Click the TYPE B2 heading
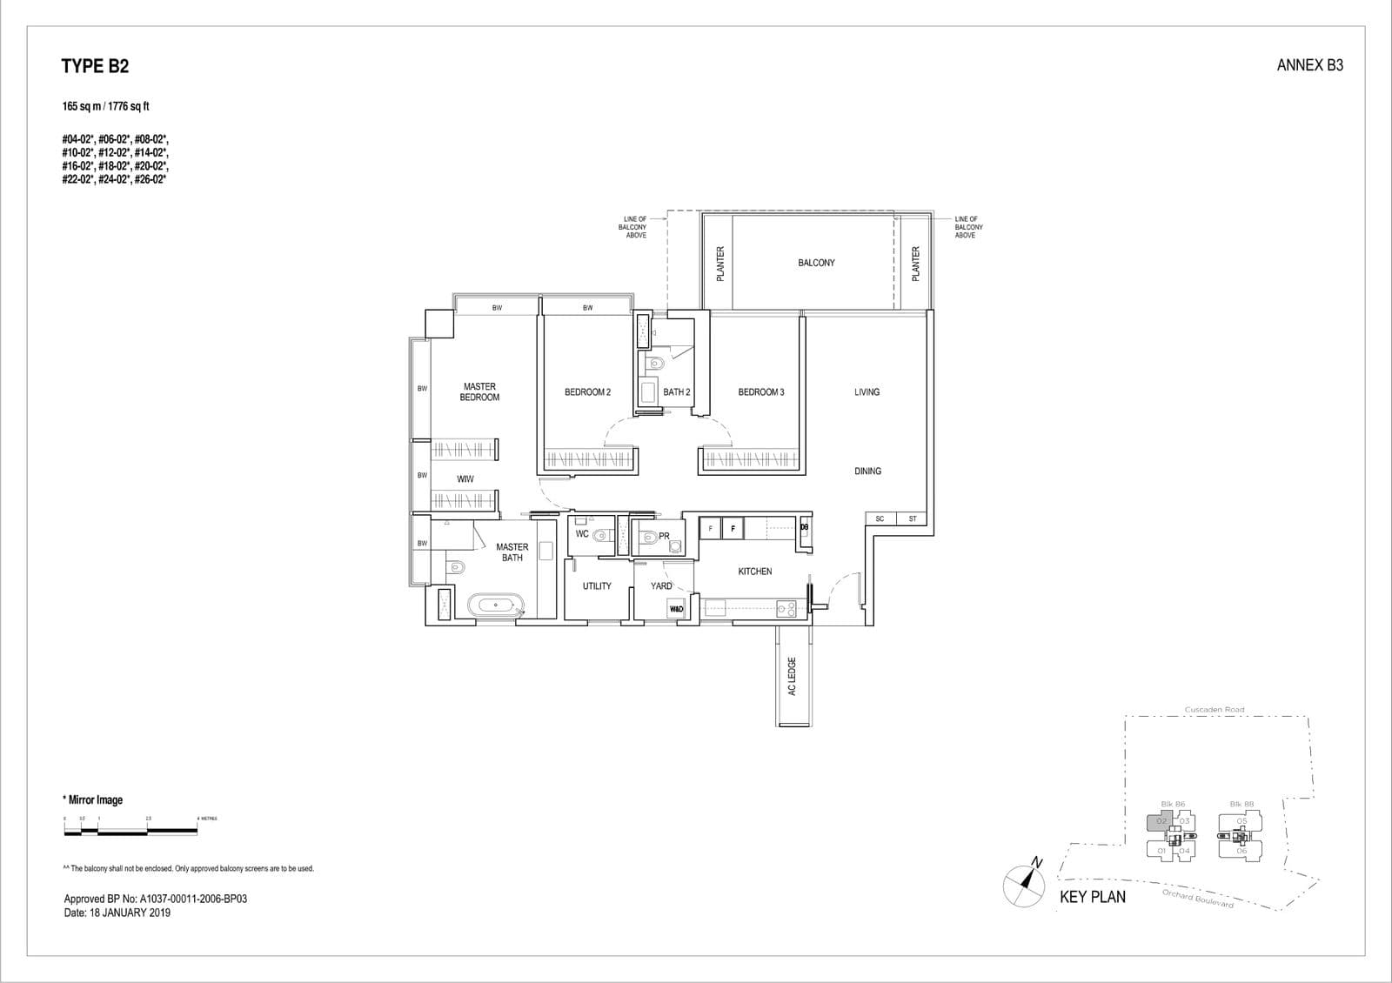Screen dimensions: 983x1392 95,66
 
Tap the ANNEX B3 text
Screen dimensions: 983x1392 1309,65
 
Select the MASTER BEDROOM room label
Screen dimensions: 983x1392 479,391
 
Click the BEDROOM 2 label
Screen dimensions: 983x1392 587,392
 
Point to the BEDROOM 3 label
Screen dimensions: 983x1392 760,392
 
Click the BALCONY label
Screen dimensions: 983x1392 815,263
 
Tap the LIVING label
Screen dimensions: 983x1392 867,392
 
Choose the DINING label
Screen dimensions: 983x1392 867,471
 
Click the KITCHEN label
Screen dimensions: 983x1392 754,572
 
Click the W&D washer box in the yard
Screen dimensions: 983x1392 677,609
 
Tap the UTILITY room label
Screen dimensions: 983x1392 597,586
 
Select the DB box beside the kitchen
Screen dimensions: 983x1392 804,527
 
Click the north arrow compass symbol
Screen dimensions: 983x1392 1024,884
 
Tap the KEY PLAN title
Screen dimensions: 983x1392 1092,897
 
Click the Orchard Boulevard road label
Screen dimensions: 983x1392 1198,899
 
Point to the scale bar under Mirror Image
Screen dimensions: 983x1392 130,832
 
